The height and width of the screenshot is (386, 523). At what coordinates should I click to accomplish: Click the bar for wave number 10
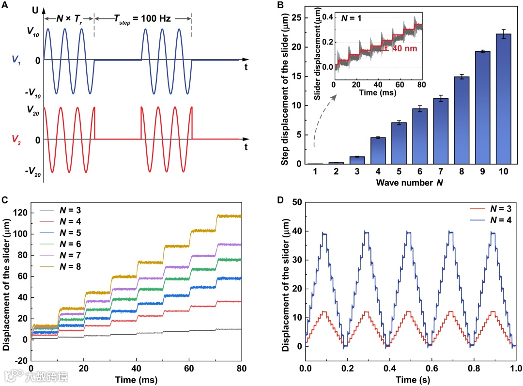504,99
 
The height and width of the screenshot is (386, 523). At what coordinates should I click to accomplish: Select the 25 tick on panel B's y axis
302,18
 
